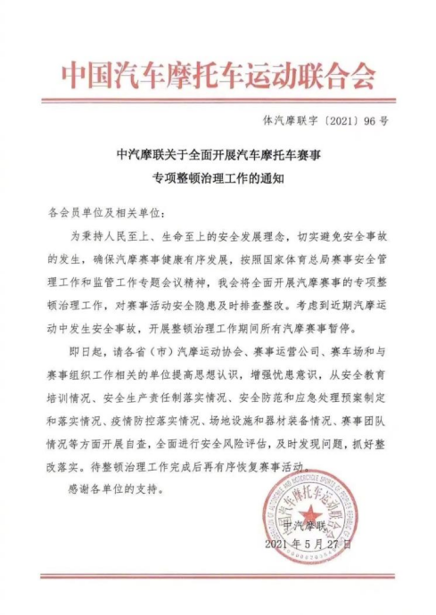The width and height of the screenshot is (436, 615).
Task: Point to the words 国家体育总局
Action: (303, 258)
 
